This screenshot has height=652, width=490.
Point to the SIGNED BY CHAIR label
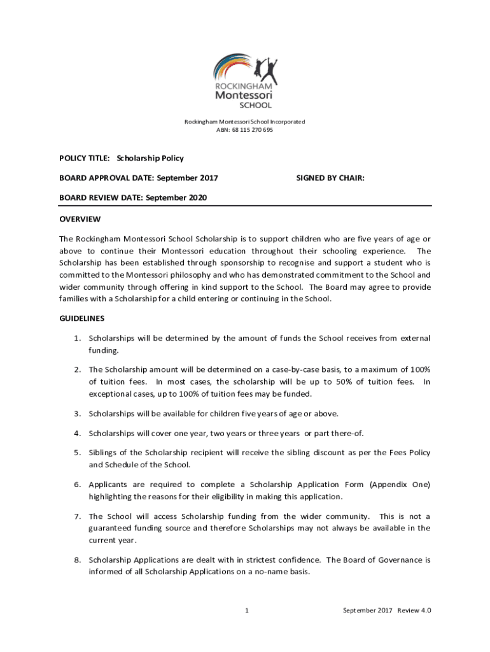330,178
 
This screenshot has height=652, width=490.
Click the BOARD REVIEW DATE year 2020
196,198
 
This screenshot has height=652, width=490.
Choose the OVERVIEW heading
80,219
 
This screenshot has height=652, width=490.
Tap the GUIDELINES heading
82,318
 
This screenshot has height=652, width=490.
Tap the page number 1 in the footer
246,611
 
